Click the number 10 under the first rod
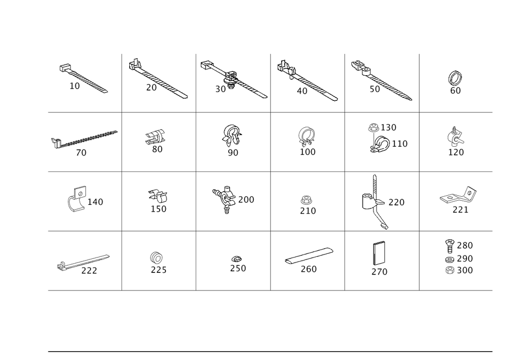(75, 86)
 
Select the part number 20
(151, 88)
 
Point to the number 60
(455, 91)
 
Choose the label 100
(310, 152)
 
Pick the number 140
(95, 202)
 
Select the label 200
(247, 200)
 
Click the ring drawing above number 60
(455, 79)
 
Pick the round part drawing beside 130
(373, 127)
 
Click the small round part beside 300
(449, 270)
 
